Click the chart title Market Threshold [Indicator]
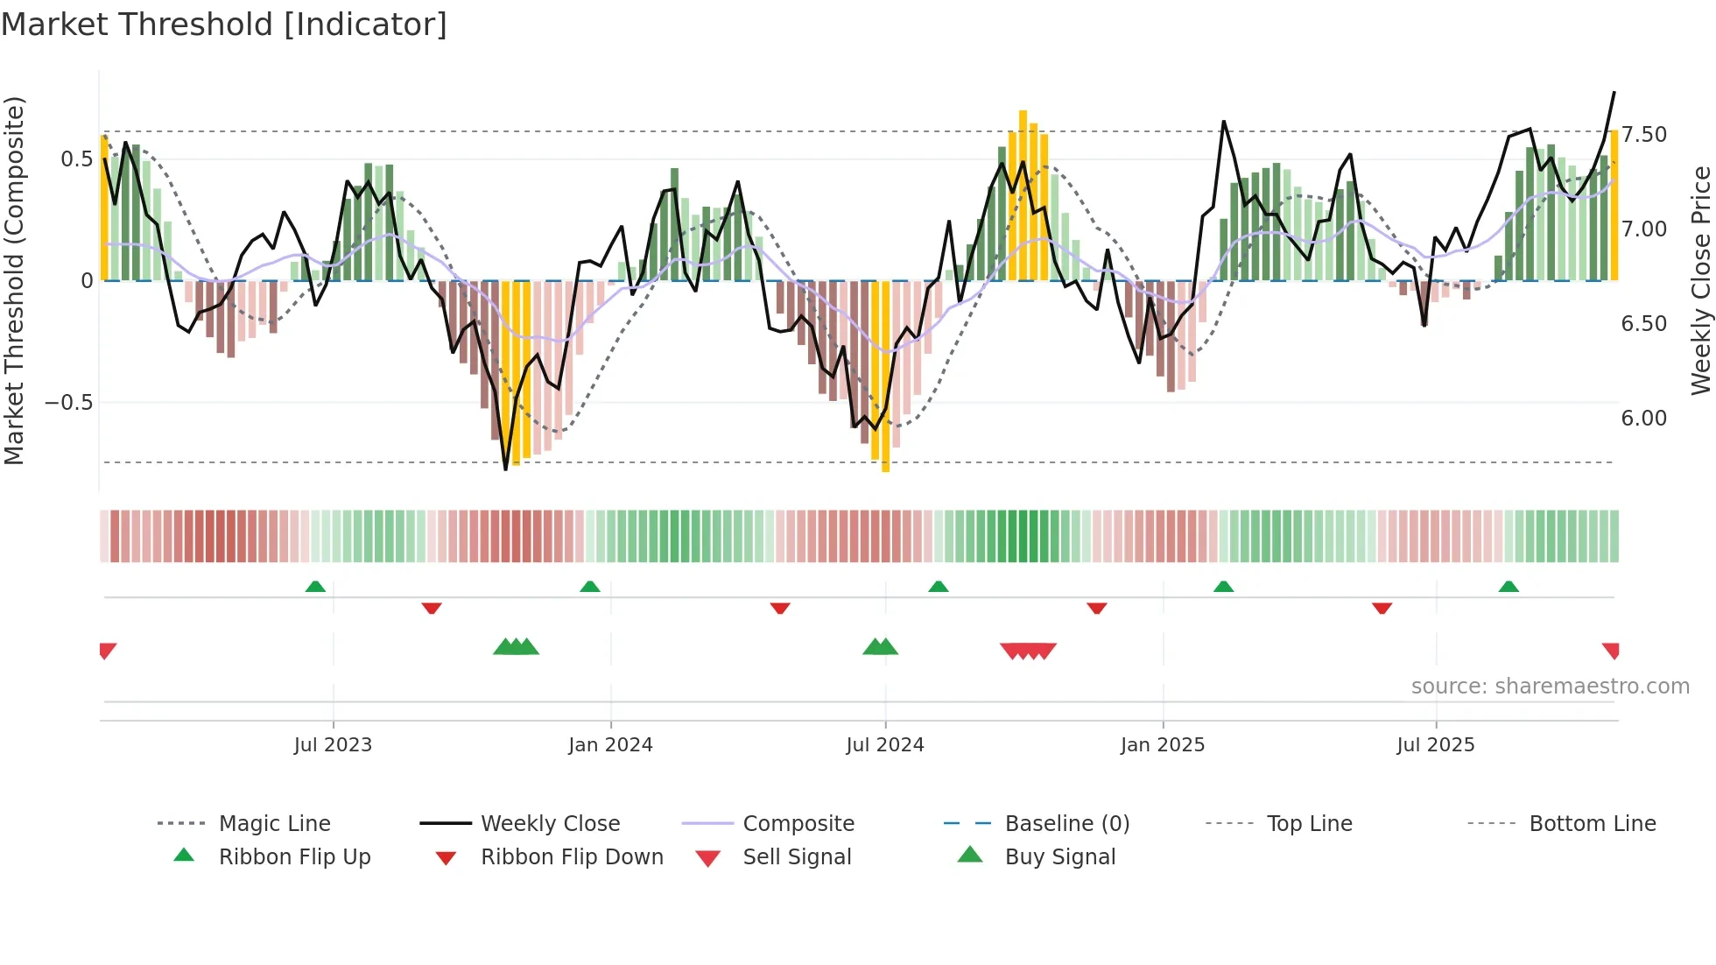[224, 25]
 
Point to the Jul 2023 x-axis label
[333, 745]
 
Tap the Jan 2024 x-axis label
[610, 745]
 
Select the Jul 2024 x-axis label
[885, 745]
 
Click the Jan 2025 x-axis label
[1163, 745]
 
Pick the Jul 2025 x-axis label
[1436, 745]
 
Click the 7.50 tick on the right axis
[1644, 135]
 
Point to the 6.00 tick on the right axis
[1644, 419]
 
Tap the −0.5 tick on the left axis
[68, 403]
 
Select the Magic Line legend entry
[274, 824]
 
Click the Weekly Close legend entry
[550, 824]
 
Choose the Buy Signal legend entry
[1059, 857]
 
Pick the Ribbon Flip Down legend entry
[571, 857]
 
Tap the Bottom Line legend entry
[1592, 824]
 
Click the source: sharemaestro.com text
[1550, 687]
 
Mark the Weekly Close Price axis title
[1700, 280]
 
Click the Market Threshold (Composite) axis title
[14, 280]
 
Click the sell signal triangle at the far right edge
[1611, 650]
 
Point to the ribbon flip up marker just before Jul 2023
[315, 587]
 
